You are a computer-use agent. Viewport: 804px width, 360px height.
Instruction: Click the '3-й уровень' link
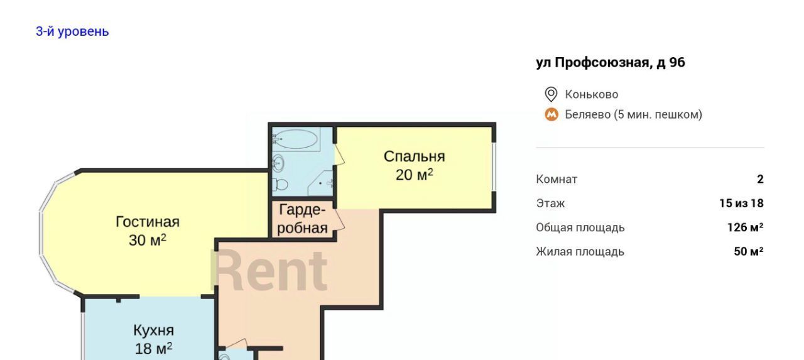tap(72, 31)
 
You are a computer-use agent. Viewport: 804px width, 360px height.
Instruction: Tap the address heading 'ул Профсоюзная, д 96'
tap(611, 63)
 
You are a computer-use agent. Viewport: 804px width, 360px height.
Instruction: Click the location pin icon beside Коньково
tap(551, 94)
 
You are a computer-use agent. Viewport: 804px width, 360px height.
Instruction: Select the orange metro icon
tap(551, 114)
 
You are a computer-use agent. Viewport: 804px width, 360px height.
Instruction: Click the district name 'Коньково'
tap(592, 94)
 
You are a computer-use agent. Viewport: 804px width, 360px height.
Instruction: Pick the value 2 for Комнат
tap(760, 179)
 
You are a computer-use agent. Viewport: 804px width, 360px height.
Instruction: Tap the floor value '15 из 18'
tap(741, 204)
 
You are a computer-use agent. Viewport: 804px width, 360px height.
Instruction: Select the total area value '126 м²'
tap(745, 227)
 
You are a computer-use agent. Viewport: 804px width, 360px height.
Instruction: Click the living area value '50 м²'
tap(748, 251)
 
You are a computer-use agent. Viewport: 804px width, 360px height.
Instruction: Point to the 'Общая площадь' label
tap(580, 228)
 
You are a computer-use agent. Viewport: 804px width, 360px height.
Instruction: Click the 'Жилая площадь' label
tap(580, 252)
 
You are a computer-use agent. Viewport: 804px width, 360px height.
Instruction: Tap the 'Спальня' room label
tap(414, 157)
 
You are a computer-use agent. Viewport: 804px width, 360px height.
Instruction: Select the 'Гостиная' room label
tap(148, 222)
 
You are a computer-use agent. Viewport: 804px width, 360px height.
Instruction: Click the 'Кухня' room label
tap(154, 330)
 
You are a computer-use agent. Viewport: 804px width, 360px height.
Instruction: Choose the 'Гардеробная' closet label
tap(302, 219)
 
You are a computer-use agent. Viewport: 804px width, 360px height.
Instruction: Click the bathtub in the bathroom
tap(296, 139)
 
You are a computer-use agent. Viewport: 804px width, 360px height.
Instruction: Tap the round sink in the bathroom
tap(278, 165)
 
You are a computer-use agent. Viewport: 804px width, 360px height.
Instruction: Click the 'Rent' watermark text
tap(269, 271)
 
